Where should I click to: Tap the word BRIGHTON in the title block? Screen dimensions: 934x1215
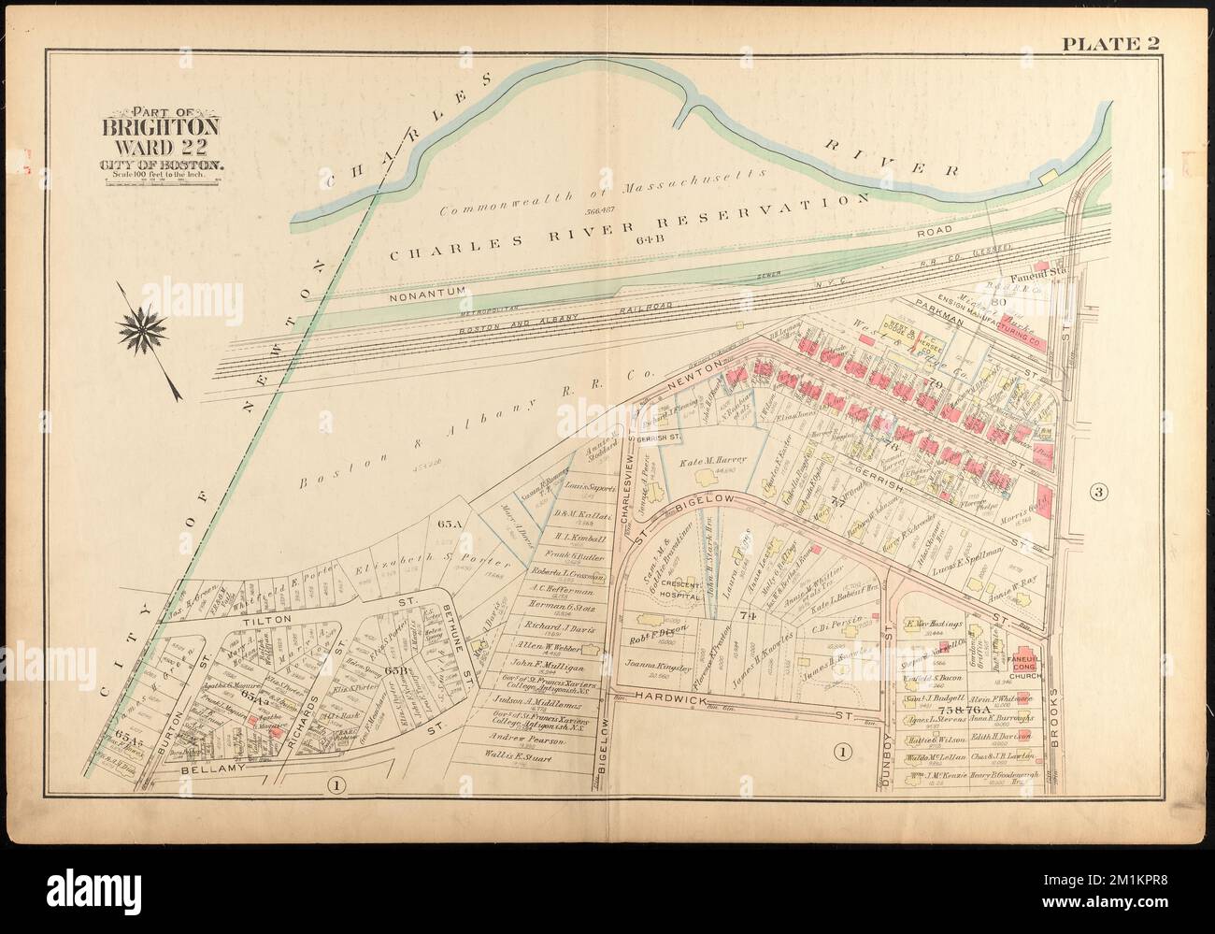(162, 126)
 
